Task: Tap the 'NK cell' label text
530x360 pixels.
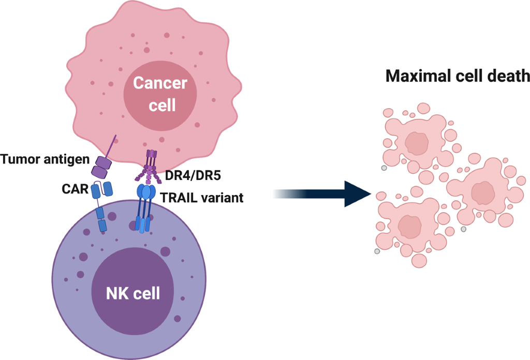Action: (132, 294)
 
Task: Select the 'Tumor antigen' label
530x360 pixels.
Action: (45, 158)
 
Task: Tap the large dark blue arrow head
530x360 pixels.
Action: (358, 193)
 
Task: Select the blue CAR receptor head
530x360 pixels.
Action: (101, 190)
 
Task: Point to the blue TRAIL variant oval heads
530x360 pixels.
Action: (146, 192)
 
